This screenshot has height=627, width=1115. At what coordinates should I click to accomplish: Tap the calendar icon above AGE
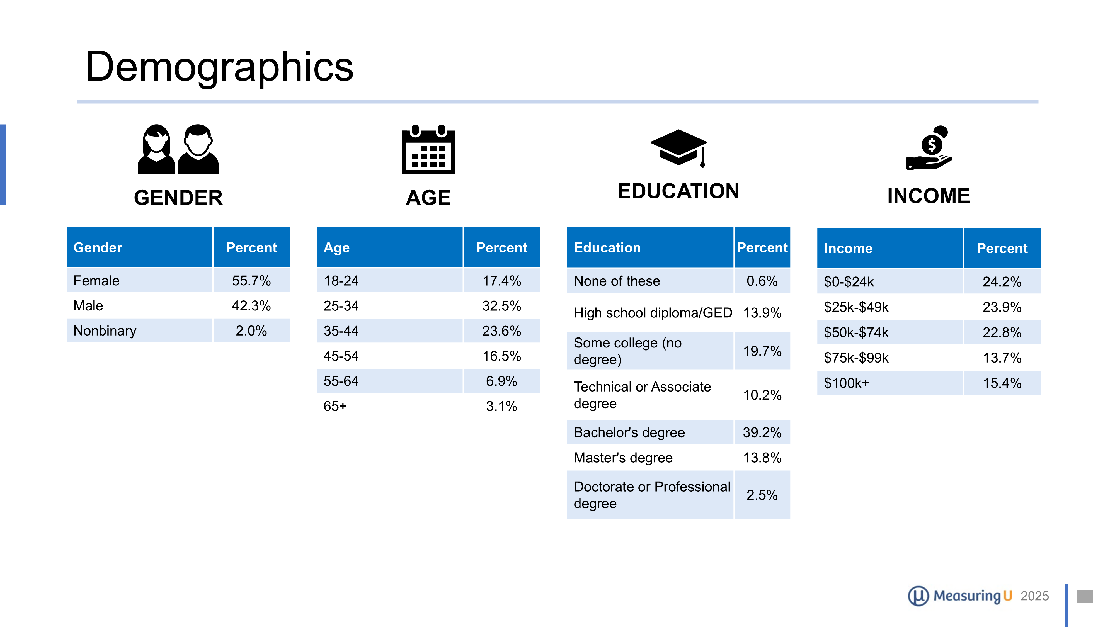pos(428,149)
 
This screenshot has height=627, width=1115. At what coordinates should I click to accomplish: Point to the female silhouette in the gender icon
pos(156,149)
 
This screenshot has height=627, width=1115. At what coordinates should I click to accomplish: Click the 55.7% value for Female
pos(251,281)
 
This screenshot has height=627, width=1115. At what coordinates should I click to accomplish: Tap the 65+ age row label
pos(335,406)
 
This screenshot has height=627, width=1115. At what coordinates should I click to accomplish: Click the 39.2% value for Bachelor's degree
pos(762,432)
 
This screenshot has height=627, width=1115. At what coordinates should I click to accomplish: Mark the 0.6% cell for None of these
pos(762,281)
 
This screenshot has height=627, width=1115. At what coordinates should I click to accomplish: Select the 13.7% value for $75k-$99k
pos(1002,358)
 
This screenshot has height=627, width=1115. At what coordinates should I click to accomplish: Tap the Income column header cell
pos(889,248)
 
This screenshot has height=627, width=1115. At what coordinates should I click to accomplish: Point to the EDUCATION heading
pos(678,191)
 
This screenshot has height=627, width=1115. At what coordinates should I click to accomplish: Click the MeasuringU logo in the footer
pos(960,596)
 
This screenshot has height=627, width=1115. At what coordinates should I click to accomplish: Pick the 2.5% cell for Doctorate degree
pos(762,495)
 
